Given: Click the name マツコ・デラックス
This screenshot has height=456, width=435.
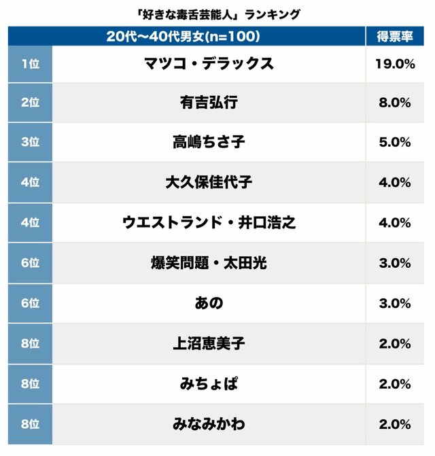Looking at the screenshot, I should point(209,63).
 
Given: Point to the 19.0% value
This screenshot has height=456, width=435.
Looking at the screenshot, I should point(394,63).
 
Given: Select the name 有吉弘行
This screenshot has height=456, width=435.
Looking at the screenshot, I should point(209,103).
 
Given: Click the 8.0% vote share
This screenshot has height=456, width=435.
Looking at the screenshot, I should point(394,103).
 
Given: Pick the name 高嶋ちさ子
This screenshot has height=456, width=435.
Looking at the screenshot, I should point(209,143).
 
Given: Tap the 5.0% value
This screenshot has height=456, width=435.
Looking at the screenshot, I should point(394,143).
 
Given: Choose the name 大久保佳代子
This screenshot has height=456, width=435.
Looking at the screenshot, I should point(209,183).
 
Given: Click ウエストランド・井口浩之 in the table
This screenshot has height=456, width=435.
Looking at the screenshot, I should point(209,223).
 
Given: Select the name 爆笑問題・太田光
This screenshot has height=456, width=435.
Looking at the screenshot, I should point(209,263).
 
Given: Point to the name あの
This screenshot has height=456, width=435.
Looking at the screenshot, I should point(209,303).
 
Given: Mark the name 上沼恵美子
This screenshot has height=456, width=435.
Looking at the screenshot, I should point(209,343).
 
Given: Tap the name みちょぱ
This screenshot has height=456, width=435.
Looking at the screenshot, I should point(209,383).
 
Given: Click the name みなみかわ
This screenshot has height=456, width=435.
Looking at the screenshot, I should point(209,423).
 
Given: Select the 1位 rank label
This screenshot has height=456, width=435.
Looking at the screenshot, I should point(30,63).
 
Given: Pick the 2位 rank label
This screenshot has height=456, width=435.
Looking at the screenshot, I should point(30,103).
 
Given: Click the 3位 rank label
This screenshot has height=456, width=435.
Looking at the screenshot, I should point(30,143).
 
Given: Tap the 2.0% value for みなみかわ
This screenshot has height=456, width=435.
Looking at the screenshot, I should point(394,423).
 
